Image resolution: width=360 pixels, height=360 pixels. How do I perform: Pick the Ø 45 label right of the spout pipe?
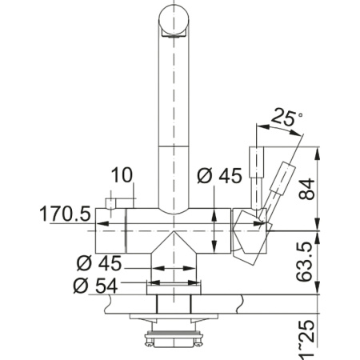click(217, 176)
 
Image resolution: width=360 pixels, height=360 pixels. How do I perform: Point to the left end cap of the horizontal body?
click(103, 230)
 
